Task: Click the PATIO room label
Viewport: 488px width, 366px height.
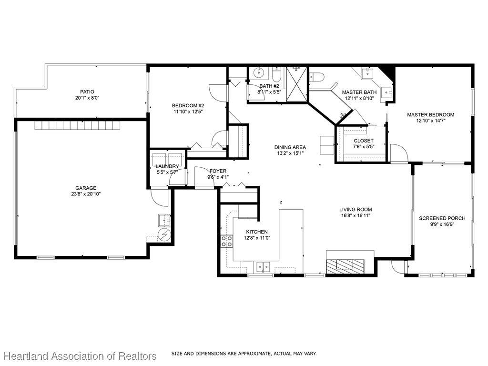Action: [87, 92]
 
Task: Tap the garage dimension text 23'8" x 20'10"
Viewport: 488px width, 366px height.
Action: [86, 194]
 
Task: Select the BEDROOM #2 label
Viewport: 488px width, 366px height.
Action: [188, 105]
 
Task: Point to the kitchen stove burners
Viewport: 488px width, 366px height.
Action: [227, 241]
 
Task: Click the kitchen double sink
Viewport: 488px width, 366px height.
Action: [263, 267]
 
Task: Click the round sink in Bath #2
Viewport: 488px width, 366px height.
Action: [259, 73]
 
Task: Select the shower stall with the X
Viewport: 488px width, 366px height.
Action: [296, 84]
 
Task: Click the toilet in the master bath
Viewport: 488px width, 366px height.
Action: [317, 76]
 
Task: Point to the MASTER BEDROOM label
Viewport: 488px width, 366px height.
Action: [431, 114]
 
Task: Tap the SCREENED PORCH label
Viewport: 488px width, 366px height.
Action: [442, 218]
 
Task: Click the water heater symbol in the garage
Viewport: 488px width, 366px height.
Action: [164, 234]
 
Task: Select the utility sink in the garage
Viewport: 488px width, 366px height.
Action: [164, 221]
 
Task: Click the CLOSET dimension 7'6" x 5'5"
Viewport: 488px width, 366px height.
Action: [364, 146]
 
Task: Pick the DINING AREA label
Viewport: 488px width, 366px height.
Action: [290, 147]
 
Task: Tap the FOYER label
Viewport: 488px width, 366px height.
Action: [218, 171]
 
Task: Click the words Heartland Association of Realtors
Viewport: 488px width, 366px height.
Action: [80, 356]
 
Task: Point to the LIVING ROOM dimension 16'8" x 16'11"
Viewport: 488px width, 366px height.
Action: [356, 215]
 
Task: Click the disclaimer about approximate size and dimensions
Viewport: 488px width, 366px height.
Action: [244, 354]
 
